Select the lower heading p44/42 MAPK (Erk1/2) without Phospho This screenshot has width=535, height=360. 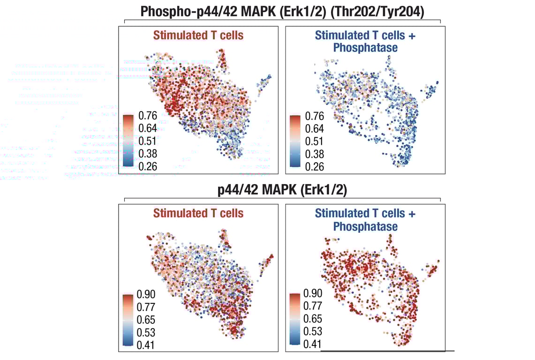pos(282,190)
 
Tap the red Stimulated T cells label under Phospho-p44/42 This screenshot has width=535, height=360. pos(198,36)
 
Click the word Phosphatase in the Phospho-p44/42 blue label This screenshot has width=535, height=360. pos(365,48)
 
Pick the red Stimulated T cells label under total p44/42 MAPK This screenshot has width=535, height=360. pos(198,213)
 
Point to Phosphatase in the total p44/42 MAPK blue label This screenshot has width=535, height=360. pos(365,226)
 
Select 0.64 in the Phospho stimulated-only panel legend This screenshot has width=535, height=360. pos(148,129)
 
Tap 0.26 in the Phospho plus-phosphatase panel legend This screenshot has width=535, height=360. pos(315,166)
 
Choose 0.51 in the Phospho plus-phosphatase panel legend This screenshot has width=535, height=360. pos(315,142)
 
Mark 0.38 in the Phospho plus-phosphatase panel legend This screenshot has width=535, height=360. pos(315,154)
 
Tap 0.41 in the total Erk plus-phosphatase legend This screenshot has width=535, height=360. pos(313,345)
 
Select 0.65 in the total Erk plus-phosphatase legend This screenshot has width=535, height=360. pos(313,319)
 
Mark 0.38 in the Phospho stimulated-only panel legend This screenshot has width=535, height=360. pos(148,154)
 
